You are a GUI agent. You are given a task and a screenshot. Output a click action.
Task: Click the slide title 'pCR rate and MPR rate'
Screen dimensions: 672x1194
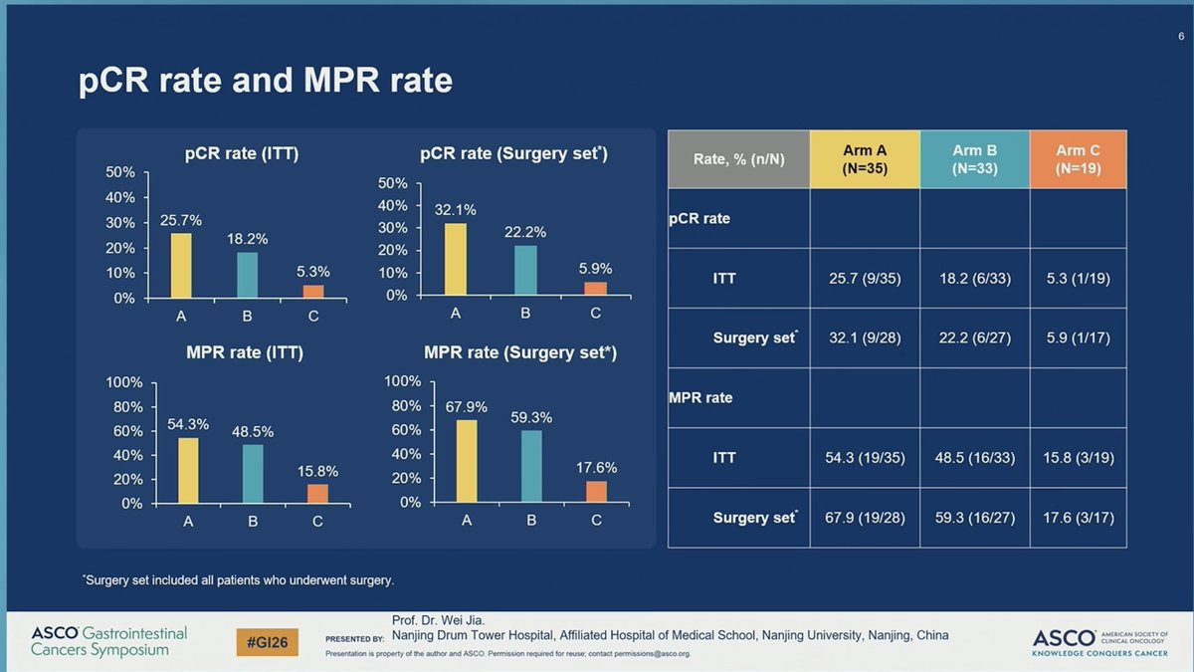pos(266,81)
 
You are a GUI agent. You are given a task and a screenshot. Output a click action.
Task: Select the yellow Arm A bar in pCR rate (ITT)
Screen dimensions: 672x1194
pos(181,265)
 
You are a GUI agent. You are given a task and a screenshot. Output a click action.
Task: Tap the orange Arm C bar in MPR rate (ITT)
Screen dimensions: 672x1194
pos(317,494)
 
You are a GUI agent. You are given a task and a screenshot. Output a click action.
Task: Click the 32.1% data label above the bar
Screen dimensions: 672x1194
pos(455,210)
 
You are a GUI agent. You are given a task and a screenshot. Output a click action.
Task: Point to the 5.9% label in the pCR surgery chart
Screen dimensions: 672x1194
pos(595,269)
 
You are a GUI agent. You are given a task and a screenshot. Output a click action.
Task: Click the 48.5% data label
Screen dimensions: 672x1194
pos(253,432)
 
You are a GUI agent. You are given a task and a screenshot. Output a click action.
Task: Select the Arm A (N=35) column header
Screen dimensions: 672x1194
pos(865,159)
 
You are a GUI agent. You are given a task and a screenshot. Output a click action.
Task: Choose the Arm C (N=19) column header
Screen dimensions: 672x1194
pos(1078,159)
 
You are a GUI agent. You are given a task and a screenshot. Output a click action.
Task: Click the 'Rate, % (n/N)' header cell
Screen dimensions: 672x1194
pos(738,159)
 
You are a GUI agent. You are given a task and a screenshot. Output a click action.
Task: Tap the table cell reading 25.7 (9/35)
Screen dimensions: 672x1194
pos(865,279)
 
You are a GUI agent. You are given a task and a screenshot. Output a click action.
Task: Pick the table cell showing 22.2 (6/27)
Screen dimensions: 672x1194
pos(974,338)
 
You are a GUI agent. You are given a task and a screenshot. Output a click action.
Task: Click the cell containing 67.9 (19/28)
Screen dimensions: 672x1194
pos(865,518)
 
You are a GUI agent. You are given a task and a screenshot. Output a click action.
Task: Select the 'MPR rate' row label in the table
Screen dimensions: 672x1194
pos(700,398)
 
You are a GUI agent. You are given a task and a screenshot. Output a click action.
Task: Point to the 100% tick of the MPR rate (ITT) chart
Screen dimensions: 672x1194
pos(125,383)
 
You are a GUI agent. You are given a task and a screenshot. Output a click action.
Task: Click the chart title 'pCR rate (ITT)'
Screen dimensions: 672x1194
pos(242,153)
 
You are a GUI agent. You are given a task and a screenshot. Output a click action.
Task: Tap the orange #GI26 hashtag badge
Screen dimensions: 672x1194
pos(268,642)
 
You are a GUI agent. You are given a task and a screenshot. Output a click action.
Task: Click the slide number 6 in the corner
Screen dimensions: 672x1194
pos(1180,37)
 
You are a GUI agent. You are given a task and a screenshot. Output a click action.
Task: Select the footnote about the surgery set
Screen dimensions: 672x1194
pos(238,579)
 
